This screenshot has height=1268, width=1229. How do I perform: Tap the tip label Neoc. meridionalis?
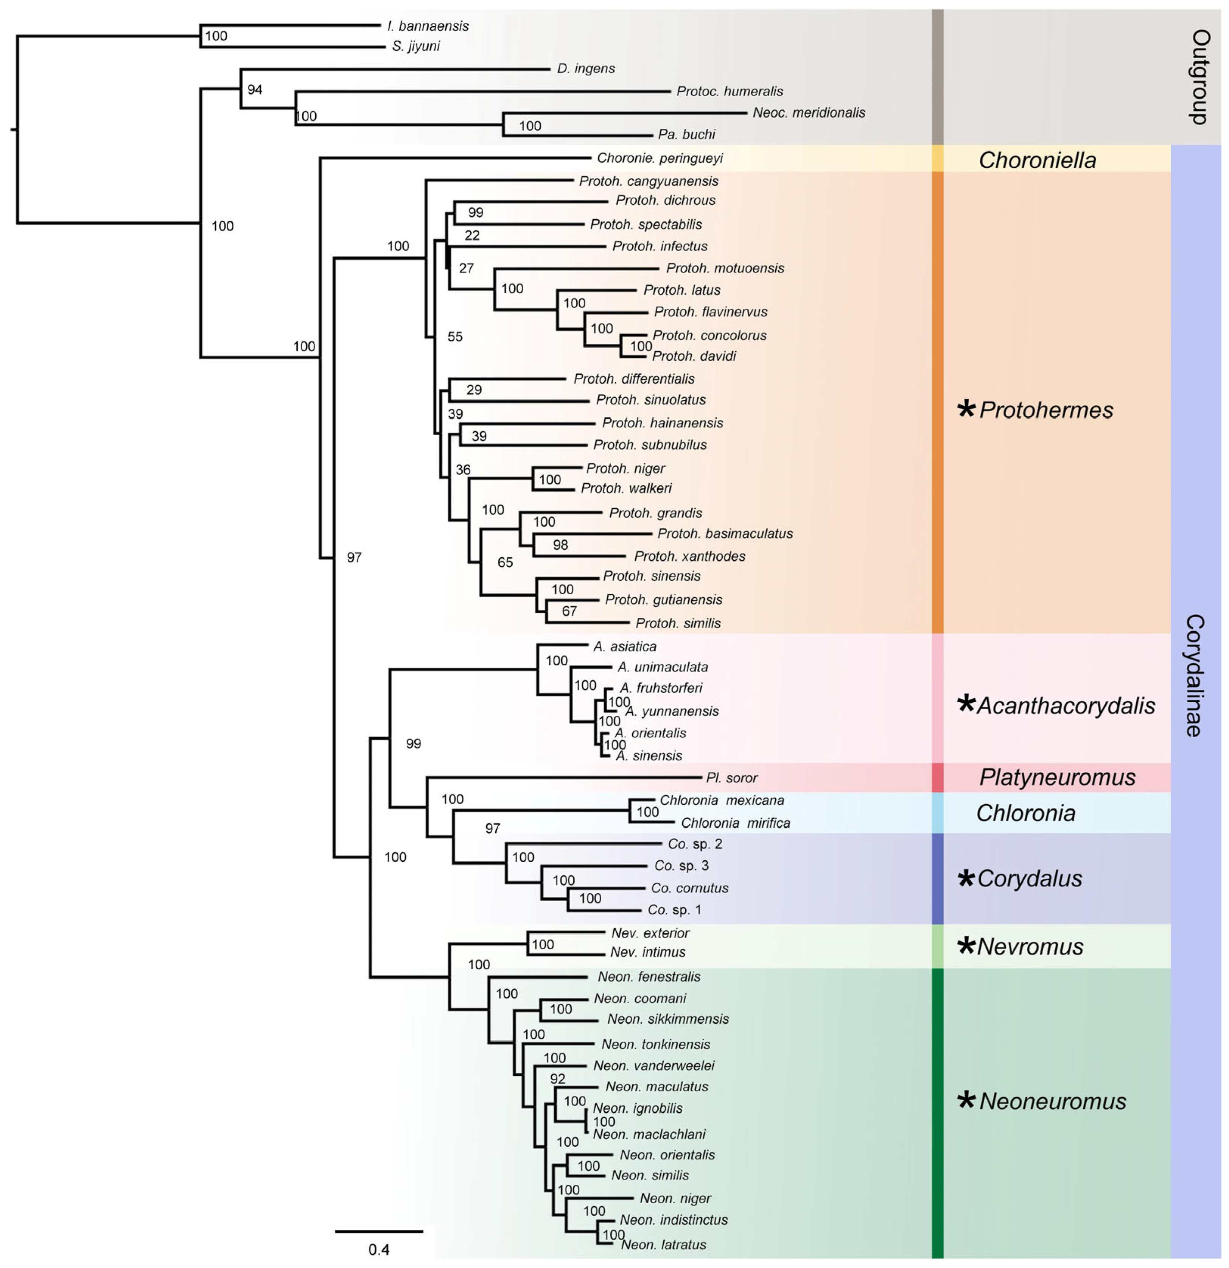(x=809, y=112)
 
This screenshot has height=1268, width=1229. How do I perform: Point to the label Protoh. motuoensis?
(x=725, y=268)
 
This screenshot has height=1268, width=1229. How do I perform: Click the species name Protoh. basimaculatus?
(x=725, y=534)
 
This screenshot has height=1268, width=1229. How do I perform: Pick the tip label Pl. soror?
(x=731, y=777)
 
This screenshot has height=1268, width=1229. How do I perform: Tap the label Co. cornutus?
(x=689, y=888)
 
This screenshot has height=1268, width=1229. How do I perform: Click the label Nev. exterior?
(x=650, y=933)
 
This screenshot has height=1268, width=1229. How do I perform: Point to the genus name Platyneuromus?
(x=1057, y=777)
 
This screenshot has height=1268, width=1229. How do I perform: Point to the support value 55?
(x=455, y=336)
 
